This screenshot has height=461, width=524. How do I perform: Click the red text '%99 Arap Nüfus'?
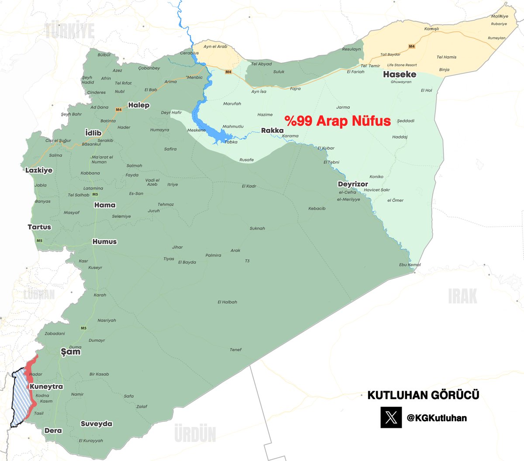pyautogui.click(x=338, y=120)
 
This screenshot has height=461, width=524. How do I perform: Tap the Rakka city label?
pyautogui.click(x=272, y=131)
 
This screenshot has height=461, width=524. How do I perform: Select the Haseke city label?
pyautogui.click(x=400, y=74)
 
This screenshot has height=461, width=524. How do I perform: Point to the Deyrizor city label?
pyautogui.click(x=353, y=184)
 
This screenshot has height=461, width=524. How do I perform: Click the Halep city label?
pyautogui.click(x=139, y=105)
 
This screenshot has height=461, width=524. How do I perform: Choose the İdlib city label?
pyautogui.click(x=93, y=133)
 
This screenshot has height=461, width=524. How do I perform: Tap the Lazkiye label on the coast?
pyautogui.click(x=39, y=170)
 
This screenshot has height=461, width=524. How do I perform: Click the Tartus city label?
pyautogui.click(x=39, y=227)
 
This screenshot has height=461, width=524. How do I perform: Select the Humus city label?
pyautogui.click(x=105, y=241)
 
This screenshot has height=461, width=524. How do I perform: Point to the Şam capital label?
pyautogui.click(x=70, y=351)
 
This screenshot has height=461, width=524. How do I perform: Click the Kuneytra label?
pyautogui.click(x=46, y=387)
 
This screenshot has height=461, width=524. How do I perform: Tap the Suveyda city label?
pyautogui.click(x=97, y=424)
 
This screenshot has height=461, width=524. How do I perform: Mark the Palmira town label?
pyautogui.click(x=213, y=255)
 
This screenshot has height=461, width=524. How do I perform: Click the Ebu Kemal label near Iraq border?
pyautogui.click(x=410, y=265)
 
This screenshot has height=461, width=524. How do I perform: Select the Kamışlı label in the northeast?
pyautogui.click(x=431, y=29)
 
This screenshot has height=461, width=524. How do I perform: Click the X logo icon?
pyautogui.click(x=391, y=418)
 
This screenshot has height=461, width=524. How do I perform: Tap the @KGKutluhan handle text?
pyautogui.click(x=437, y=418)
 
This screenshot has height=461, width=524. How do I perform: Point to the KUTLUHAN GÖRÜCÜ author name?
pyautogui.click(x=423, y=395)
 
